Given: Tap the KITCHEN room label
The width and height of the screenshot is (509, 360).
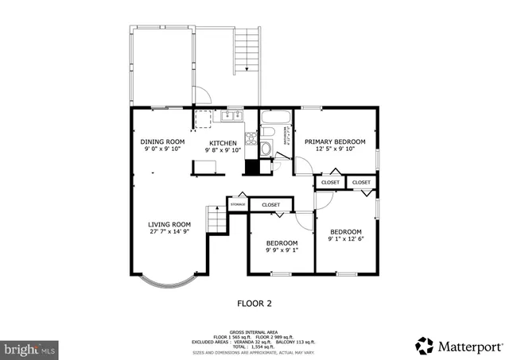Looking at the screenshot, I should pos(223,143).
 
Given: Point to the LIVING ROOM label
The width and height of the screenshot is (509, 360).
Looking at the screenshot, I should pos(169,224).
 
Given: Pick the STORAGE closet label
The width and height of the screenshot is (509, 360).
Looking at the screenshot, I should pos(237,205).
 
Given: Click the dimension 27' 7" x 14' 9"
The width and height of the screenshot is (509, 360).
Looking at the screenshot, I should pos(169,232).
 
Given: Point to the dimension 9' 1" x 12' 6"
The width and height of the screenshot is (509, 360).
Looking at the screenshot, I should pos(345,239).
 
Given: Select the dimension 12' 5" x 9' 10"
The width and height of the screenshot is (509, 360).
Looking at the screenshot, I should pos(335,149).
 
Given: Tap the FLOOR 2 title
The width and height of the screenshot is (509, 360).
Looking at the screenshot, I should pos(254,303).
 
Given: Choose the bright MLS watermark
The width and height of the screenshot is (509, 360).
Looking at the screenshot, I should pos(30,348).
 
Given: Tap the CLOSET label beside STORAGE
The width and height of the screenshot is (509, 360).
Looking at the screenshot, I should pos(271,205).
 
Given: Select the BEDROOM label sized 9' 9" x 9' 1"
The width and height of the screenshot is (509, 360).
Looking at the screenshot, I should pos(282,243).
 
